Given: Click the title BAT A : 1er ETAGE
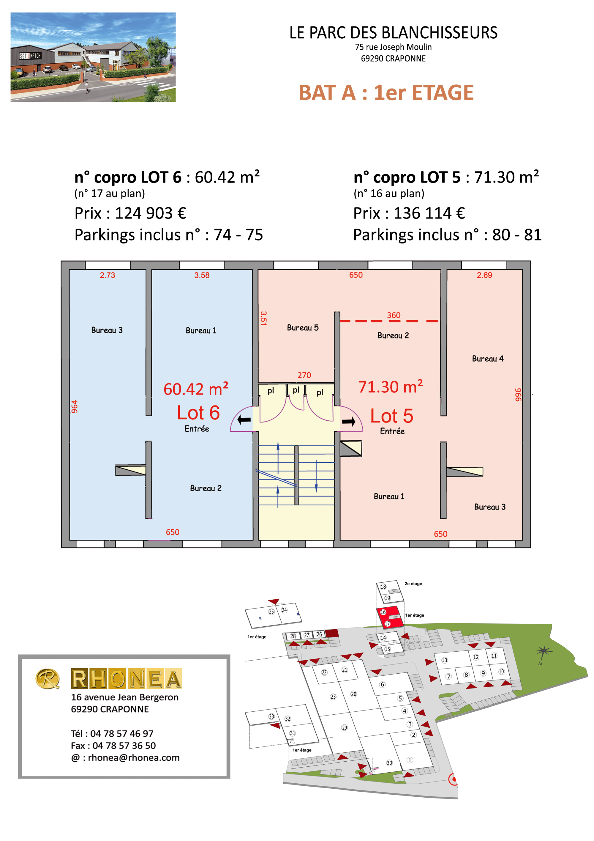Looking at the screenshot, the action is coord(386,93).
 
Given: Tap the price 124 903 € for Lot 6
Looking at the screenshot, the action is coord(151,213).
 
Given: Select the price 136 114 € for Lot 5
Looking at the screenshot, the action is coord(429,213).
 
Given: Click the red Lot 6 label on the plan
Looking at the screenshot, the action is coord(198,413).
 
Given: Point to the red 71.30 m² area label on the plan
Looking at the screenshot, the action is coord(391,386).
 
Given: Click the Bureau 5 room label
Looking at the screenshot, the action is coord(303,328).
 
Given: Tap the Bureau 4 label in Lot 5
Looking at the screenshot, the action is coord(488,359).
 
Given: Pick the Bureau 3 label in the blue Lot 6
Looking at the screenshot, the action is coord(107,330).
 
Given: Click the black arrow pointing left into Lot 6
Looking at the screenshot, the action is coord(244,420).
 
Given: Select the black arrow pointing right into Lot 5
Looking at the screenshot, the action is coord(348,422).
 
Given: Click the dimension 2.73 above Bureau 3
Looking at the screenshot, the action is coord(108,275).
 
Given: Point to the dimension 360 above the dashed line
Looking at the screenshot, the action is coord(394,315).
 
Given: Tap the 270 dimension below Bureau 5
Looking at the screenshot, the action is coord(304,375).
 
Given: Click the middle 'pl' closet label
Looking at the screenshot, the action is coord(296,390).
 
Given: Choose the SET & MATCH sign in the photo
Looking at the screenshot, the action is coord(30,56).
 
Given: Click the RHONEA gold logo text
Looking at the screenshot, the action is coord(126,678).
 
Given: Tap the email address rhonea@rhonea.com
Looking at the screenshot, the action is coord(134,757).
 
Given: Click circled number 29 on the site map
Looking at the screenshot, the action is coord(345,727).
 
